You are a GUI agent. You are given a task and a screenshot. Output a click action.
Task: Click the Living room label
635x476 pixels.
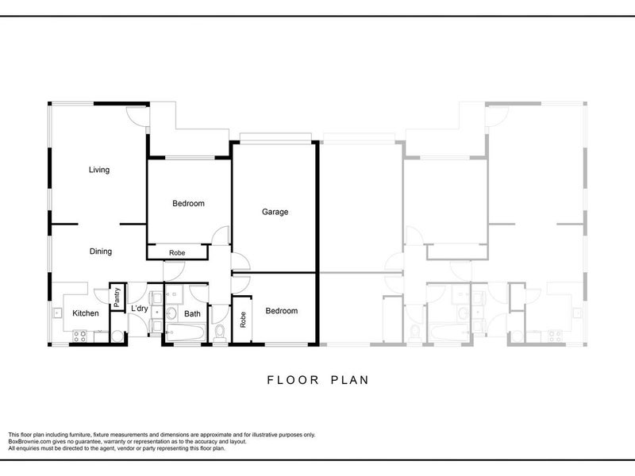click(x=99, y=170)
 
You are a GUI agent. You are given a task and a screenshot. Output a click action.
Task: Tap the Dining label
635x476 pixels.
click(x=101, y=251)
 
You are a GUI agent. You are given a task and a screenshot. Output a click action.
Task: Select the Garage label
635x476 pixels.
click(x=275, y=212)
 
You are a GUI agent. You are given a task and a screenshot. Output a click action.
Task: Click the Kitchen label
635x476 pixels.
click(x=86, y=313)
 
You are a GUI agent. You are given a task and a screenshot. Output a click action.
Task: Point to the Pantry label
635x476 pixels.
click(x=117, y=297)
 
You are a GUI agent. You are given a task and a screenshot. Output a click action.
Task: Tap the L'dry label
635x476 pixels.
click(x=140, y=309)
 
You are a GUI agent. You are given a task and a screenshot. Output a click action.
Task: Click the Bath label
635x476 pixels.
click(x=192, y=313)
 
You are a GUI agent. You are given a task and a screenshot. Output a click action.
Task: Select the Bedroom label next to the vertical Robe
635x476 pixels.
click(x=282, y=311)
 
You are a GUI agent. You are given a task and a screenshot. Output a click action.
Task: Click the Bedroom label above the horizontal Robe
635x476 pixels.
click(x=188, y=204)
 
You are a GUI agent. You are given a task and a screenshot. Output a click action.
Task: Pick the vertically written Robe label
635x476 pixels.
click(x=243, y=320)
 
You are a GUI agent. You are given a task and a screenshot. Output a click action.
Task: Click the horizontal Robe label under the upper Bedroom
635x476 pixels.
click(x=177, y=253)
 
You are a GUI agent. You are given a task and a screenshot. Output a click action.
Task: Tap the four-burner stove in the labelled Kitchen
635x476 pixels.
click(x=79, y=336)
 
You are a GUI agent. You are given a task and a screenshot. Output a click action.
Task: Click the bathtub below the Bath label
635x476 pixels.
click(x=185, y=332)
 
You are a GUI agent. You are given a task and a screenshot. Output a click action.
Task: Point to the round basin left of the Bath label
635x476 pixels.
click(x=171, y=313)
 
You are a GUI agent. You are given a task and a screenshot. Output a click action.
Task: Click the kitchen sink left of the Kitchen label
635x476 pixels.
click(x=57, y=313)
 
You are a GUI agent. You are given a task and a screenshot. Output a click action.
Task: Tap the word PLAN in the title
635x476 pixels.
click(x=350, y=380)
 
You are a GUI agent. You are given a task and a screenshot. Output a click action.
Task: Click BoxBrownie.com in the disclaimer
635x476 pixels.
click(x=29, y=442)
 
